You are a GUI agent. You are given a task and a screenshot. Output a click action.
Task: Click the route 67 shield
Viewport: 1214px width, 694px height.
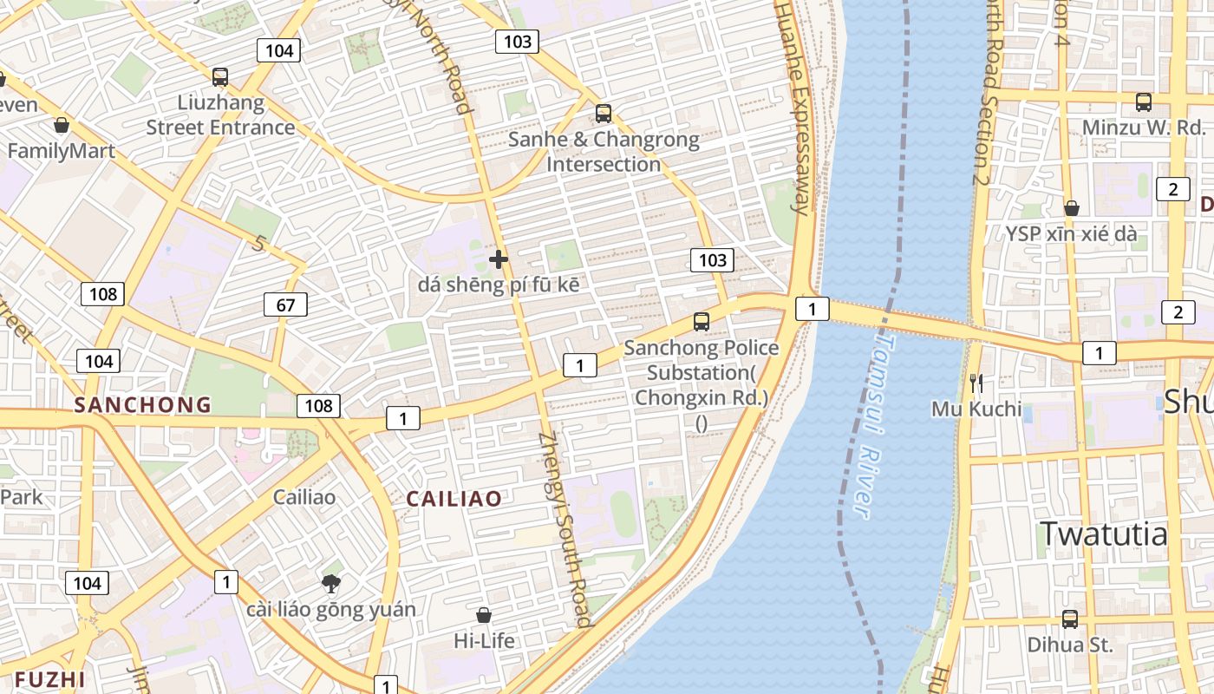(285, 304)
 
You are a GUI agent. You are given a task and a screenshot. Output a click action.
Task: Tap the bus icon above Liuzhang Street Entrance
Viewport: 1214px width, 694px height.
(220, 77)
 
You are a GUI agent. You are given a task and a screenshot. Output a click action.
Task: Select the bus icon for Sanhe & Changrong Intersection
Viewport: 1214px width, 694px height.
(604, 114)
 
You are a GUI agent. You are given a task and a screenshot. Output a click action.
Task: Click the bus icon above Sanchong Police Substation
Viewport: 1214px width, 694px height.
(702, 322)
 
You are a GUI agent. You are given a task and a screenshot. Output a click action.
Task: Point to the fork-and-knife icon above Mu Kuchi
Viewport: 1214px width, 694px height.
(976, 383)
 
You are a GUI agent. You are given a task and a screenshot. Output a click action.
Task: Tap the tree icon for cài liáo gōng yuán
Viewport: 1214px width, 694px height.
(330, 583)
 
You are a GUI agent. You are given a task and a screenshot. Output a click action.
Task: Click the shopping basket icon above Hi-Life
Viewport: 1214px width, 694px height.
(484, 615)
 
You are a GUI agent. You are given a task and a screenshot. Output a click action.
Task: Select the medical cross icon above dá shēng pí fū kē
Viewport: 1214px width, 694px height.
(499, 259)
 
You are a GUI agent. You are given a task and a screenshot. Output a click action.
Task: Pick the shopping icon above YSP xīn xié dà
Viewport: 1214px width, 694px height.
(1072, 208)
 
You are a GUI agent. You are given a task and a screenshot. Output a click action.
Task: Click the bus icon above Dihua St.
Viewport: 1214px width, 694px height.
(1070, 619)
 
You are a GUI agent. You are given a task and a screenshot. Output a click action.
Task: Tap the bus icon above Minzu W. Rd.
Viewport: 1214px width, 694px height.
(1144, 102)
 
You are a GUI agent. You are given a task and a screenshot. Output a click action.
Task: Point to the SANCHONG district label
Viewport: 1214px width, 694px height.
(142, 404)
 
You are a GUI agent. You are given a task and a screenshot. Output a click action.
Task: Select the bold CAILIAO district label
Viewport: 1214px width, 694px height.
(454, 499)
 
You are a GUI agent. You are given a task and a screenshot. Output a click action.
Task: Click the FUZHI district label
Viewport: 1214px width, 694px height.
(50, 679)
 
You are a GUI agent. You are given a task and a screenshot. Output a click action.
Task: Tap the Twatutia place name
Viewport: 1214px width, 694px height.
(1104, 534)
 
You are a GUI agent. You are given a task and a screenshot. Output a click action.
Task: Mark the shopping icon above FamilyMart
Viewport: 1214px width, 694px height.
(61, 126)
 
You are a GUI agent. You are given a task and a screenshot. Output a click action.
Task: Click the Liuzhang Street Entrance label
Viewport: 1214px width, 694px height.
(220, 115)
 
